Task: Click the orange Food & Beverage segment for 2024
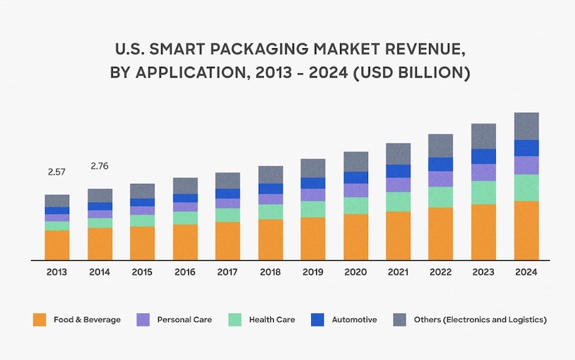point(526,230)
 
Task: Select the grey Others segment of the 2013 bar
point(57,200)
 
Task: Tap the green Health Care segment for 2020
point(356,206)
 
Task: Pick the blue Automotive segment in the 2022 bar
point(441,164)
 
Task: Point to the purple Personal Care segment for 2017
point(228,203)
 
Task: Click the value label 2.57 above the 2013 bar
point(56,172)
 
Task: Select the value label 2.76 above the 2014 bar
point(99,167)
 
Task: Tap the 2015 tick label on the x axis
point(142,272)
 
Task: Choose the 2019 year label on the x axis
point(313,272)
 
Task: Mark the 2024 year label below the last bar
point(526,272)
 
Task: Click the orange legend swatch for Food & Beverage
point(40,319)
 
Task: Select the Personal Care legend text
point(184,319)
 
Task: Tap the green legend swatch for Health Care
point(235,319)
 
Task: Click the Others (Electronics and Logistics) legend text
point(480,319)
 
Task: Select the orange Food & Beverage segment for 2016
point(185,241)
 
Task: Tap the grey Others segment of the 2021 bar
point(398,154)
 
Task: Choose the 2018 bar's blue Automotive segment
point(270,189)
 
